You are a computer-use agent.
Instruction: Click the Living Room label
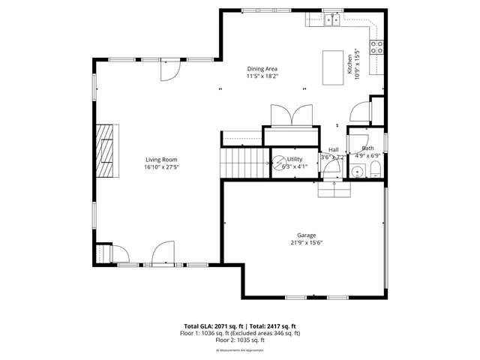tap(161, 160)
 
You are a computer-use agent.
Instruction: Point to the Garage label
tap(304, 235)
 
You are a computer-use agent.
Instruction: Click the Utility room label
tap(295, 159)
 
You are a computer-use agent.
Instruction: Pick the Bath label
tap(368, 148)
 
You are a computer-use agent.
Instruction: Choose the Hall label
tap(331, 150)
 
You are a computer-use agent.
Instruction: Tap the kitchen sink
tap(331, 20)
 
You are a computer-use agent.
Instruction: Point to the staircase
tap(244, 162)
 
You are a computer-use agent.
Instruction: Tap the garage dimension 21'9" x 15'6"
tap(304, 242)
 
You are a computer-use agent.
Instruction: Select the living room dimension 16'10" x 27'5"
tap(161, 166)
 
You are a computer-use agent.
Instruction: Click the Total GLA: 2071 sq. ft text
tap(213, 326)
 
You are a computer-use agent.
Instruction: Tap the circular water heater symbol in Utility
tap(279, 162)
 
